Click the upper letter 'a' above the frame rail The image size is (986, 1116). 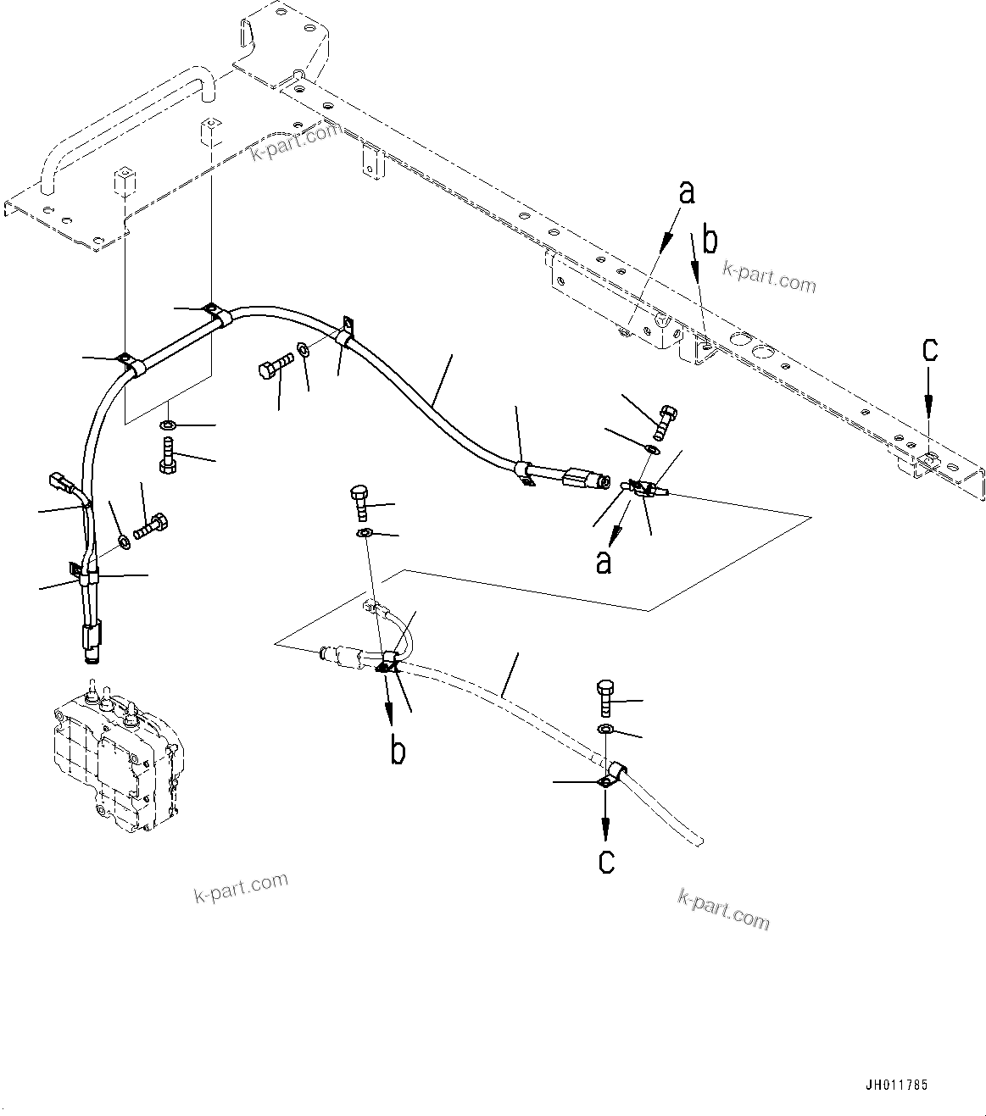[687, 192]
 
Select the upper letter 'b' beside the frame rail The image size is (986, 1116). [710, 241]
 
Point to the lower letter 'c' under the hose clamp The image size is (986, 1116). [606, 860]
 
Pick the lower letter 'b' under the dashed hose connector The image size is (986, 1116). [398, 751]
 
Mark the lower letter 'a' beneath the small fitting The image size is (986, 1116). [604, 560]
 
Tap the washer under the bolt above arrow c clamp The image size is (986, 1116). [605, 730]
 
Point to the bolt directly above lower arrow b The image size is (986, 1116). [359, 503]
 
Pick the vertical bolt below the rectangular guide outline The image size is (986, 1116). [167, 454]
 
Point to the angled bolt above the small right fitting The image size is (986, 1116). [665, 419]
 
